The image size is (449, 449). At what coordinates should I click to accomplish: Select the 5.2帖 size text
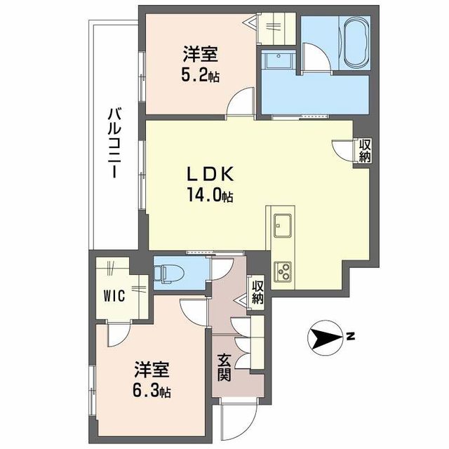click(x=201, y=74)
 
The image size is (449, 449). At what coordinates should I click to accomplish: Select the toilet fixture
click(x=168, y=272)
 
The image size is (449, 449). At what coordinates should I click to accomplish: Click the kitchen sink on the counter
click(x=283, y=225)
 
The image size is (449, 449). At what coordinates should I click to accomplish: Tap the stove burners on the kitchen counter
click(x=285, y=269)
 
